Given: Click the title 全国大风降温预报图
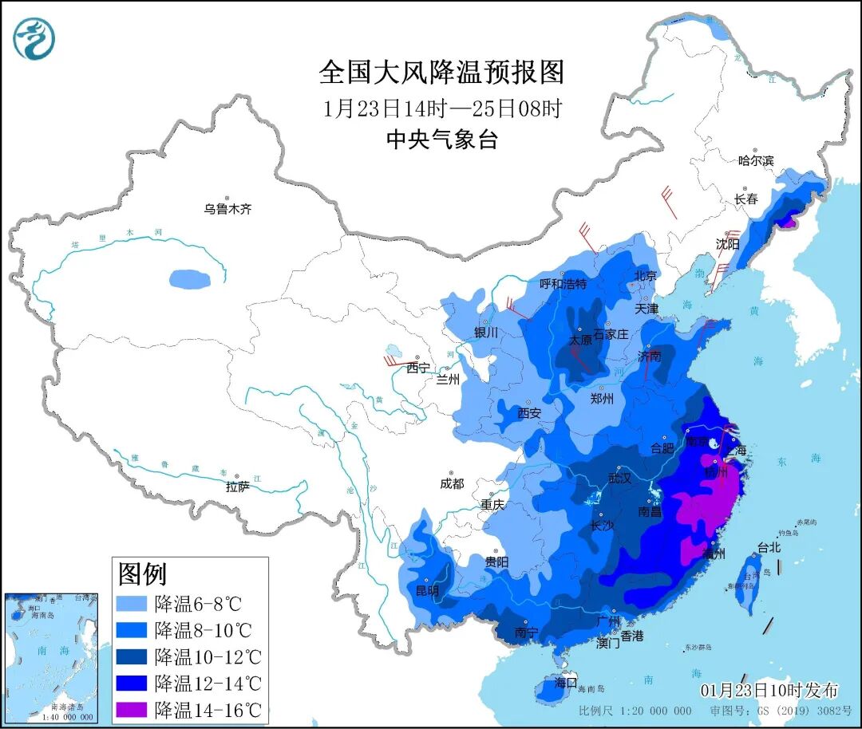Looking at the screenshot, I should click(x=441, y=73).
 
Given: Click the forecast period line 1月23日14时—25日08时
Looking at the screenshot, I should click(x=441, y=108).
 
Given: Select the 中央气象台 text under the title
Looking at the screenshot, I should click(x=441, y=140).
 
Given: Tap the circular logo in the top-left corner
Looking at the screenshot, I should click(x=34, y=39).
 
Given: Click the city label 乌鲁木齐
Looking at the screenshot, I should click(x=227, y=209).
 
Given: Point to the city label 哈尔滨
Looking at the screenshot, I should click(x=756, y=160).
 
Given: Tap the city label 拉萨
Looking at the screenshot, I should click(x=238, y=486).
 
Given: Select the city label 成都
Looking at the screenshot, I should click(x=451, y=483).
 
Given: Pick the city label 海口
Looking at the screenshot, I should click(x=565, y=683).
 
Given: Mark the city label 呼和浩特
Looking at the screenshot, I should click(x=563, y=283).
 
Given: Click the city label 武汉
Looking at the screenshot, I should click(x=619, y=479).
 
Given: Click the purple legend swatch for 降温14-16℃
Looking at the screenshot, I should click(x=132, y=709).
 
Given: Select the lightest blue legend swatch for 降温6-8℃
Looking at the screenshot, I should click(x=132, y=602).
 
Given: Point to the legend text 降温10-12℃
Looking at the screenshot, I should click(x=208, y=656).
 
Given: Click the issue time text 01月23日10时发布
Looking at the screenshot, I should click(x=769, y=690).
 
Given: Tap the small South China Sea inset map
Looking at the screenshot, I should click(x=51, y=657).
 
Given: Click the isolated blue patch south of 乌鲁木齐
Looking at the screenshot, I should click(x=191, y=279).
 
